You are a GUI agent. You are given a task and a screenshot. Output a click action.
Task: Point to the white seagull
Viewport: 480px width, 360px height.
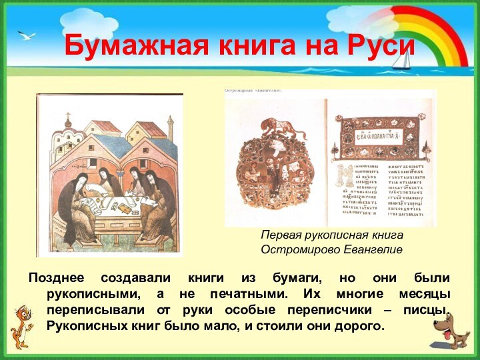pos(27,35)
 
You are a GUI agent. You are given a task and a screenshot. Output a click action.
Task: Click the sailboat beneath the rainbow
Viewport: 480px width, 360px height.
pos(401,60)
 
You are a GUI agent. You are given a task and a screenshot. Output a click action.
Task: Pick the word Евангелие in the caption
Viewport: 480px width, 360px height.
pos(373,249)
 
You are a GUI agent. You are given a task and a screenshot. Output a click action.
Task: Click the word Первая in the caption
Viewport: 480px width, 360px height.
pos(280,236)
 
